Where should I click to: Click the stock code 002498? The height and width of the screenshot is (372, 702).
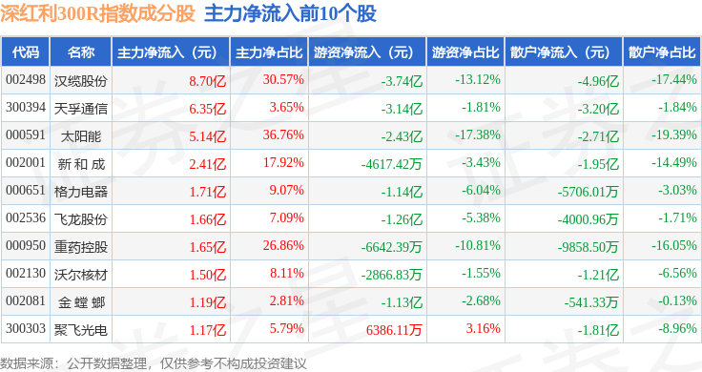[26, 80]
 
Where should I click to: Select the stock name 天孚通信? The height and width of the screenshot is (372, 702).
[80, 109]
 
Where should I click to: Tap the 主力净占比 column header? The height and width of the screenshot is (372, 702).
[269, 52]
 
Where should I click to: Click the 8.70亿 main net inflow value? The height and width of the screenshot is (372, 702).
[207, 81]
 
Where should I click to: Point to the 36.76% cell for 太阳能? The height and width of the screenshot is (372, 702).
[283, 134]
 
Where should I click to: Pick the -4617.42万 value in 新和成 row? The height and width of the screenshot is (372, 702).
[391, 164]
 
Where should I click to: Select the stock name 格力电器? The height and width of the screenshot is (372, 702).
[80, 192]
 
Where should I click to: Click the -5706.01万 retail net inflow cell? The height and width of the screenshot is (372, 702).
[588, 192]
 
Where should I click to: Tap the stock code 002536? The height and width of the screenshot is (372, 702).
[26, 218]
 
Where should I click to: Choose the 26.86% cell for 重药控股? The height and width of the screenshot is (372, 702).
[283, 245]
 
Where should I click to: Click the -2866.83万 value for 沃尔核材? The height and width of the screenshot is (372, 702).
[391, 275]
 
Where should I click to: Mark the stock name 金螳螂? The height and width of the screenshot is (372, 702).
[81, 302]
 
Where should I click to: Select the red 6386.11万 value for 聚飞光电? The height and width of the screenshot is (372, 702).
[394, 330]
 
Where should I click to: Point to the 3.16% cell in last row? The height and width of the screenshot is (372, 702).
[483, 328]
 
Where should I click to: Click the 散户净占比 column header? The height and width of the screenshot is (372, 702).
[662, 52]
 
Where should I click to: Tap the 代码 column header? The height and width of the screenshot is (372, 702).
[26, 52]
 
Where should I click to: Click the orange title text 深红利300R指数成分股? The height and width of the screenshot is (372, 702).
[97, 13]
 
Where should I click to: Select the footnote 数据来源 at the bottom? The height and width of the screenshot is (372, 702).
[27, 363]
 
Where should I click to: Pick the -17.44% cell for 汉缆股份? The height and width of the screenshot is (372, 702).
[673, 80]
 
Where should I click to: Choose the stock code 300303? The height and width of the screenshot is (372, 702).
[26, 328]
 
